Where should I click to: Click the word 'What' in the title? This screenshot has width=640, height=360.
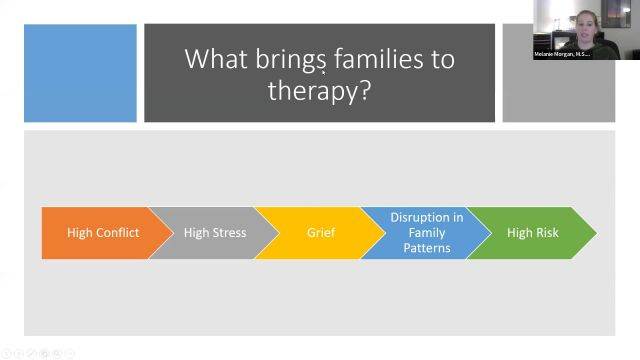216,59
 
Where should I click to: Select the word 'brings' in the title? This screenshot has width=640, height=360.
291,61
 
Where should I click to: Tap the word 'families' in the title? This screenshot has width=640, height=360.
379,59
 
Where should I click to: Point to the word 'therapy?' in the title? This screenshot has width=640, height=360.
319,90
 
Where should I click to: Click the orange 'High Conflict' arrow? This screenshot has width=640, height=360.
103,233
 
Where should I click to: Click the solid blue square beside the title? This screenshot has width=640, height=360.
80,73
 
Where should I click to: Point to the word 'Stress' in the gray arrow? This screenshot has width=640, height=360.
229,233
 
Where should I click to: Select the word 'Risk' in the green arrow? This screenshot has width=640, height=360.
547,233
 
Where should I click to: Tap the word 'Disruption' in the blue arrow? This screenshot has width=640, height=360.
417,218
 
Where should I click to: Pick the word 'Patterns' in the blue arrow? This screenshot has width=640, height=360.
427,248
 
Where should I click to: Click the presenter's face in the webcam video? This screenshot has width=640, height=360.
586,28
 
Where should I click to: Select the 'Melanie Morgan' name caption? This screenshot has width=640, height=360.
562,54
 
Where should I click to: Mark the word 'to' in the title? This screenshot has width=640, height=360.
443,60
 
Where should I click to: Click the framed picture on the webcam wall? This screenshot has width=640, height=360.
616,13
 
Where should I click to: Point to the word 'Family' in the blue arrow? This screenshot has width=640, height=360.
427,233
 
